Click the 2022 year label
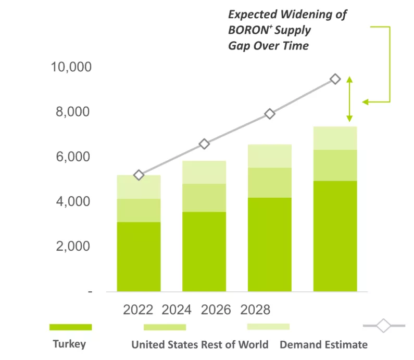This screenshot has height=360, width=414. tap(138, 310)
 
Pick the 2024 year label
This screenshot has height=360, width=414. tap(177, 310)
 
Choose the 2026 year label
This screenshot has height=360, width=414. tap(216, 310)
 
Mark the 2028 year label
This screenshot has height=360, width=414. tap(255, 310)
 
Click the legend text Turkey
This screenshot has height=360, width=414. tap(69, 344)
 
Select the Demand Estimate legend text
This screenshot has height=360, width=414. tap(323, 344)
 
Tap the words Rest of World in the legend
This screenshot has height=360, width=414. tap(241, 344)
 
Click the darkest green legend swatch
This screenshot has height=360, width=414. tap(70, 327)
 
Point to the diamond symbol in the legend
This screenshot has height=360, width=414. tap(383, 326)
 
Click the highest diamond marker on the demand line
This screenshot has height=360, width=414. tap(335, 79)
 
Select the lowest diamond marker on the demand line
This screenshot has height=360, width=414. tap(139, 175)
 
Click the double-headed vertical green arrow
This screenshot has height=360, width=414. tap(349, 99)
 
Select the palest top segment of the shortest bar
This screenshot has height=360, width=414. tap(139, 187)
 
